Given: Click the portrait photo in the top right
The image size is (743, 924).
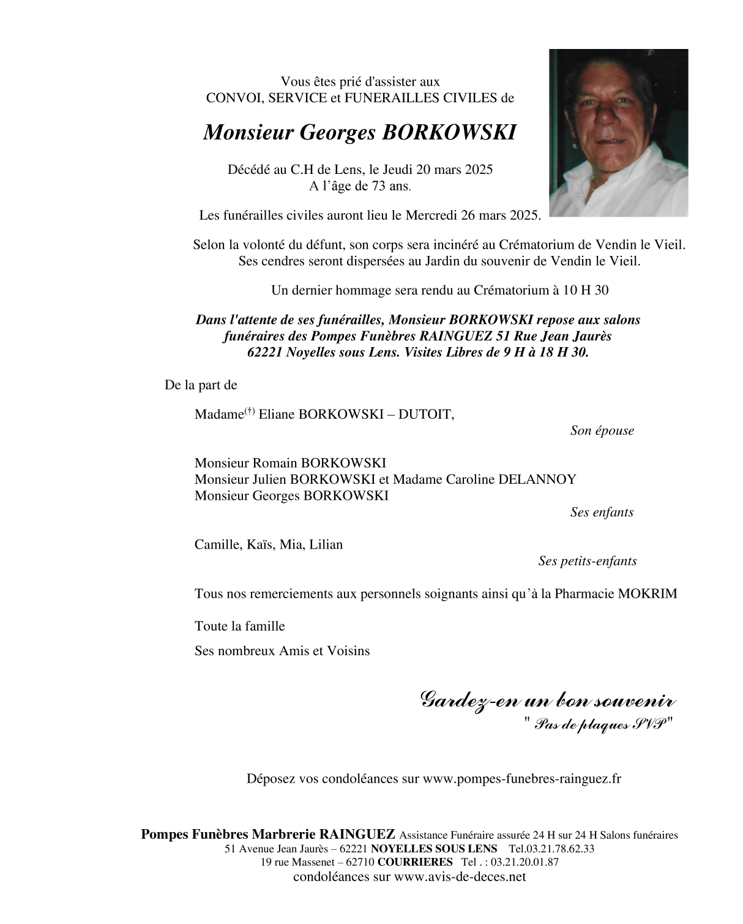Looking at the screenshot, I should (x=618, y=133).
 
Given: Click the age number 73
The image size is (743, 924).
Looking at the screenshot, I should (x=379, y=186).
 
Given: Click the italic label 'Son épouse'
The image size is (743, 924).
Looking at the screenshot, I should (x=602, y=430).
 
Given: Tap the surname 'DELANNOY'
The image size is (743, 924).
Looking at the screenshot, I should (x=537, y=479).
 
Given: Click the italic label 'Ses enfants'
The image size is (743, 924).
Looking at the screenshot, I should (x=602, y=512).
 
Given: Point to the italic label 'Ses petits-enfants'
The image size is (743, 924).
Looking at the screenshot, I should (x=587, y=561).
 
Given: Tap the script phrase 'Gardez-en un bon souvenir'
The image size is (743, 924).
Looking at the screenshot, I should (x=548, y=700).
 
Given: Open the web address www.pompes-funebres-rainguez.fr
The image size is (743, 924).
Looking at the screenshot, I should (x=521, y=779).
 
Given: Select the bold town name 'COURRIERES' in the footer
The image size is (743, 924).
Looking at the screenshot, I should (x=415, y=862).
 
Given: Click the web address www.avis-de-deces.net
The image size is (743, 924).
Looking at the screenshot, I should (x=460, y=876).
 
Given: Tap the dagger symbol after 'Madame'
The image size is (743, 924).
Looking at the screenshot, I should (x=249, y=411).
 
